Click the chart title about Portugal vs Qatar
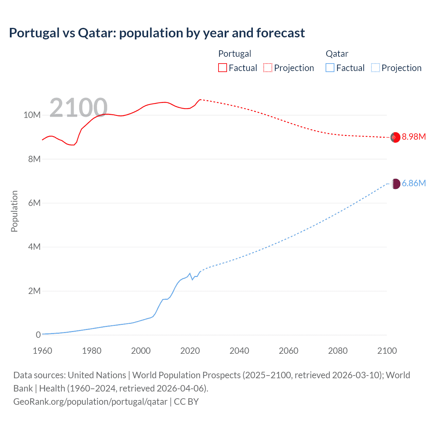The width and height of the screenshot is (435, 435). (x=157, y=33)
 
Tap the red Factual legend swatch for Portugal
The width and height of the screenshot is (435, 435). (x=222, y=68)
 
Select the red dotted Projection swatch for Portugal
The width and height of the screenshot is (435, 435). (x=268, y=68)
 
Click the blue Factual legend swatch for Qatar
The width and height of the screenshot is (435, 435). (x=330, y=68)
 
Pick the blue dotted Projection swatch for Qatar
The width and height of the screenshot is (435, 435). (x=375, y=68)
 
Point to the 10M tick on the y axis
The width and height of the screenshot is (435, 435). (x=32, y=115)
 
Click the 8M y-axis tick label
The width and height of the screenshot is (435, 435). (x=34, y=159)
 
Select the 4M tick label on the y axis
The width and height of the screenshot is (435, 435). (x=34, y=247)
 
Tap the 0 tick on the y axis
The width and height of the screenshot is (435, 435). (x=38, y=335)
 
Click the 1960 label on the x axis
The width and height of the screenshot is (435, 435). (x=42, y=351)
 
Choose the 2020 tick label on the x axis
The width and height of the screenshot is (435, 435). (x=190, y=351)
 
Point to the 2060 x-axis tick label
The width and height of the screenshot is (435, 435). (x=289, y=351)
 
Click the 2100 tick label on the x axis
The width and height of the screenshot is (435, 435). (x=387, y=351)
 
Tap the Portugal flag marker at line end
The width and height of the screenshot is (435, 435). (x=395, y=137)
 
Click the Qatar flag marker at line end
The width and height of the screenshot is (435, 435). (x=395, y=184)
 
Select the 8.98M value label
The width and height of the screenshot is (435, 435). (x=414, y=137)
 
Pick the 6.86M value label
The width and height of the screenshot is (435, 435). (x=414, y=184)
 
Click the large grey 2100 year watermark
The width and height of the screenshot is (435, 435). (x=79, y=108)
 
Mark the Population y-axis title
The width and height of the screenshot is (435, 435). (x=14, y=211)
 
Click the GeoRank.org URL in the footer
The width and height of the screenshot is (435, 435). (x=90, y=402)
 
